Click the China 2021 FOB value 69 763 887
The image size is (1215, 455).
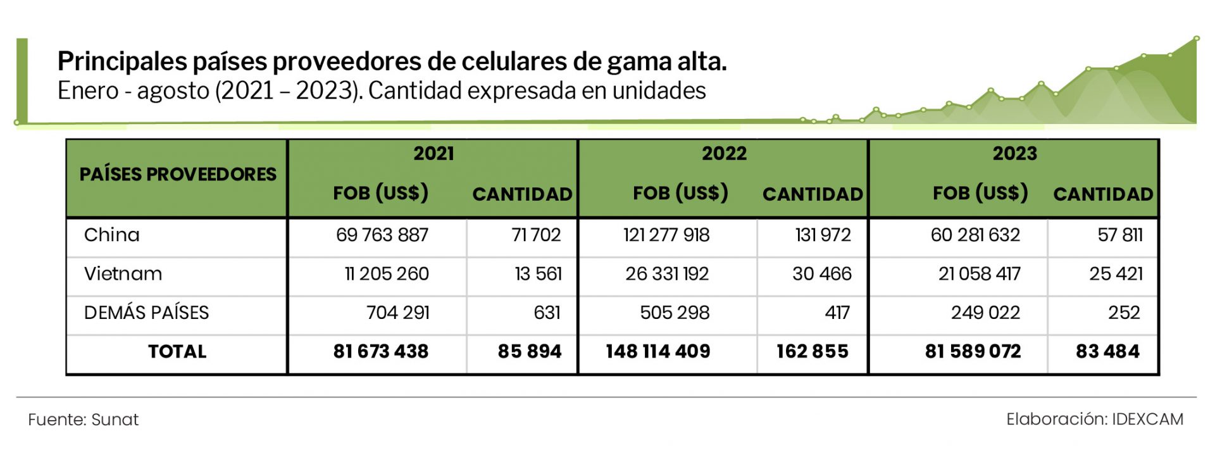(382, 235)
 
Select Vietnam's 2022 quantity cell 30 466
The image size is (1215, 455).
(821, 273)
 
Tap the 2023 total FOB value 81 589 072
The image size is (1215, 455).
(973, 351)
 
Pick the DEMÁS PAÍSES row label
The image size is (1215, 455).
(146, 313)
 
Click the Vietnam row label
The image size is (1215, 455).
(123, 273)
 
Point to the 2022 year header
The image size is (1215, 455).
(724, 153)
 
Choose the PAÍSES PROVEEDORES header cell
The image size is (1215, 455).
(178, 174)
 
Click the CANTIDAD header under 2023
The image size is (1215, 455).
(1103, 194)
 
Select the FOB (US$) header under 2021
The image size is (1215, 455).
(380, 193)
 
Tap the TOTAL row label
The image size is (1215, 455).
(177, 351)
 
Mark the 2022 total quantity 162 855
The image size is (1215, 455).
(813, 351)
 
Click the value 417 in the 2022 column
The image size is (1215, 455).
(837, 313)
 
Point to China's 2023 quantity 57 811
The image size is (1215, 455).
(1120, 235)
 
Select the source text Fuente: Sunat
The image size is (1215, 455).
(83, 420)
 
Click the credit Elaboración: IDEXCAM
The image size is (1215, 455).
(1095, 419)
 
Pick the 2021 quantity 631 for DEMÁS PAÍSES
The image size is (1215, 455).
(547, 313)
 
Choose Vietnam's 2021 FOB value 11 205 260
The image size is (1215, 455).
(386, 273)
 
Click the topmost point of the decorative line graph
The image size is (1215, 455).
(1197, 39)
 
